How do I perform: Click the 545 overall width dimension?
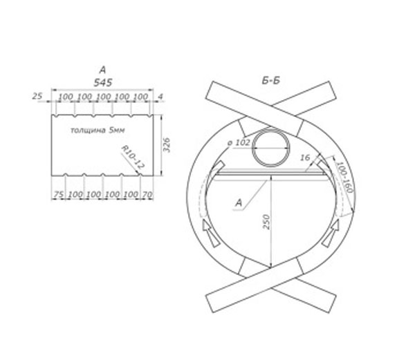coord(103,82)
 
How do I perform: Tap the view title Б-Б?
coord(270,81)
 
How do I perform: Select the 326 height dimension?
coord(167,145)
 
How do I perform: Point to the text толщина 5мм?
coord(98,130)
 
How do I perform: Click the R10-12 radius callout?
coord(133,158)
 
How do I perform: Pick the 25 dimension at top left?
coord(37,96)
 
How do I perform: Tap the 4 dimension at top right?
coord(160,97)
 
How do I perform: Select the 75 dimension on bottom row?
coord(59,195)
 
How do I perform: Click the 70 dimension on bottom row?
coord(147,195)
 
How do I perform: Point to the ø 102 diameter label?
coord(239,143)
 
